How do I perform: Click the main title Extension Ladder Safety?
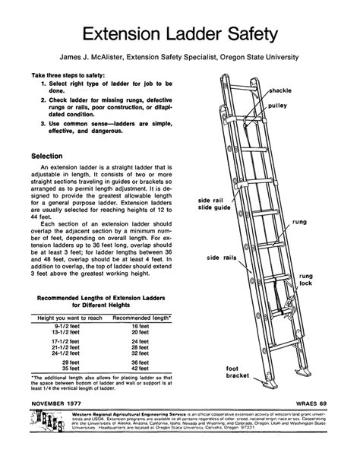179,34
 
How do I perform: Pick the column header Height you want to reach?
71,315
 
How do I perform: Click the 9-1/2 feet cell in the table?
62,325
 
